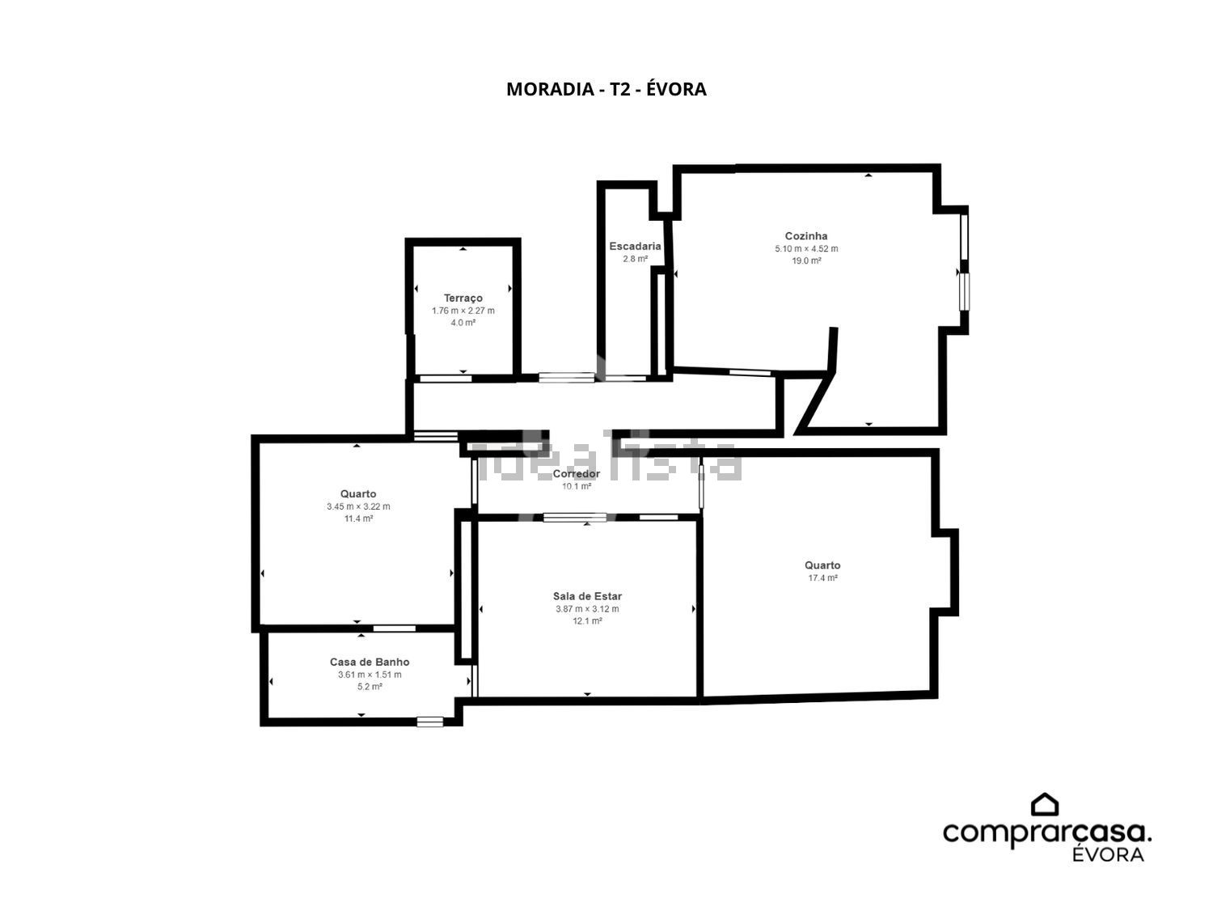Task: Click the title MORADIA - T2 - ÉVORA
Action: click(606, 89)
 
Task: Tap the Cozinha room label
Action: click(806, 236)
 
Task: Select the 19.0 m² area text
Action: click(806, 260)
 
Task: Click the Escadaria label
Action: click(635, 246)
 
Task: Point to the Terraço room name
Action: click(463, 298)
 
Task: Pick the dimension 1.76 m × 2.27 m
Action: click(463, 311)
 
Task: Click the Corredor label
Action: click(577, 474)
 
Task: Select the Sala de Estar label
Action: click(587, 596)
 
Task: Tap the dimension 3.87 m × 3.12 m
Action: click(587, 609)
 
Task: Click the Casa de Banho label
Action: click(370, 662)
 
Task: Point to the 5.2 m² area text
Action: click(370, 687)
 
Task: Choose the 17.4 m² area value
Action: click(823, 578)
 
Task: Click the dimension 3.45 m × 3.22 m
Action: click(358, 506)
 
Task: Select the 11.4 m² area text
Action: click(358, 518)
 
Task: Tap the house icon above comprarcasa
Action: click(1045, 805)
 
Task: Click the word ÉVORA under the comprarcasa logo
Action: click(1108, 854)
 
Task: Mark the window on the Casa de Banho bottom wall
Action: click(430, 722)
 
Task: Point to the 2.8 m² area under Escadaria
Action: click(635, 259)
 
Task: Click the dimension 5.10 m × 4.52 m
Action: click(806, 248)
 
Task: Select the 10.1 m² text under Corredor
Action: click(577, 486)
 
